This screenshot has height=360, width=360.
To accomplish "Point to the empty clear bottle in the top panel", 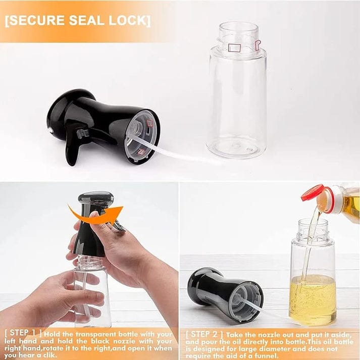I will point(236,96).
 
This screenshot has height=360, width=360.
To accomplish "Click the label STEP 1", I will point(23,334).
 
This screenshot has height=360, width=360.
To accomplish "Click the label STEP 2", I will point(203,334).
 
